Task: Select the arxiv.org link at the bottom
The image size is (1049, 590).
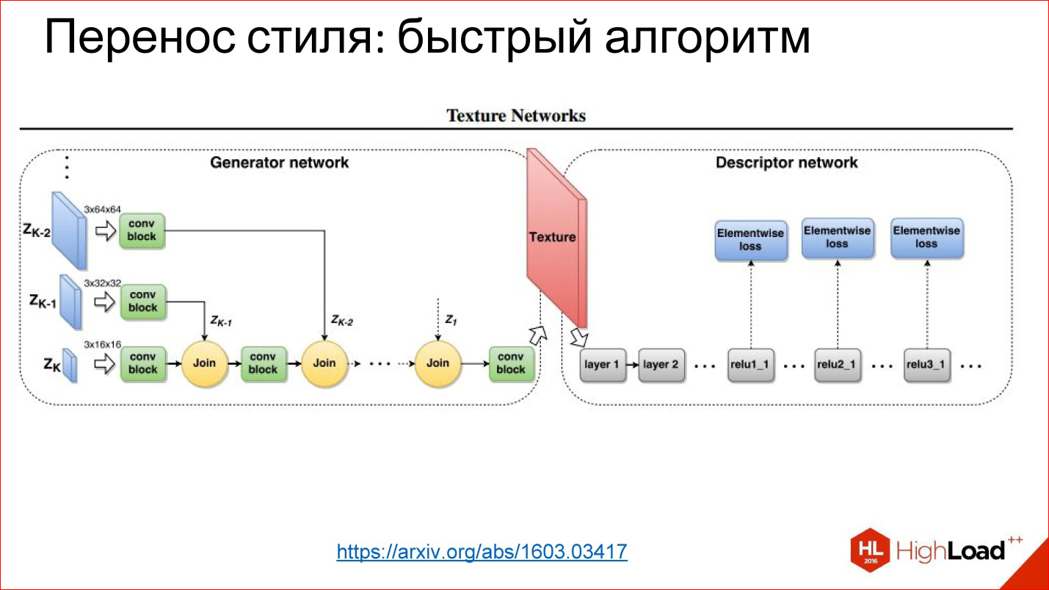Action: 482,552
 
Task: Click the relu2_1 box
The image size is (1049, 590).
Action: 838,365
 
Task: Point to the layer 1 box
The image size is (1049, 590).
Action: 602,365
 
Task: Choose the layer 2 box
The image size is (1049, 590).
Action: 661,365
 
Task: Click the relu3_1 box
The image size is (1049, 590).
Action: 926,365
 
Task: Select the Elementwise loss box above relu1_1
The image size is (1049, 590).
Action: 750,240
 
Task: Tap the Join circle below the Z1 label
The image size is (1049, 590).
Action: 438,363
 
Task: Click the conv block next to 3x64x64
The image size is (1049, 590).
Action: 142,228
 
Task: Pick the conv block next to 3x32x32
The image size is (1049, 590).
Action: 142,301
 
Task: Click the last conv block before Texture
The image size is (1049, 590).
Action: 511,363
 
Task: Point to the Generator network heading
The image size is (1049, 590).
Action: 280,162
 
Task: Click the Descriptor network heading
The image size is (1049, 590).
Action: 786,162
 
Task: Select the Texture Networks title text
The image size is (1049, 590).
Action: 516,116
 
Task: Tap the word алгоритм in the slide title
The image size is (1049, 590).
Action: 707,38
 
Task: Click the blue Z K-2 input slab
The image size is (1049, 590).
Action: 69,230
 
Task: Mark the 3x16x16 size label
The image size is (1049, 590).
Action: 102,344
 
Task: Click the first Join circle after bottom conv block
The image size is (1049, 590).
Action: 204,363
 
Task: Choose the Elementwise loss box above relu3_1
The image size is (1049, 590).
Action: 926,237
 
